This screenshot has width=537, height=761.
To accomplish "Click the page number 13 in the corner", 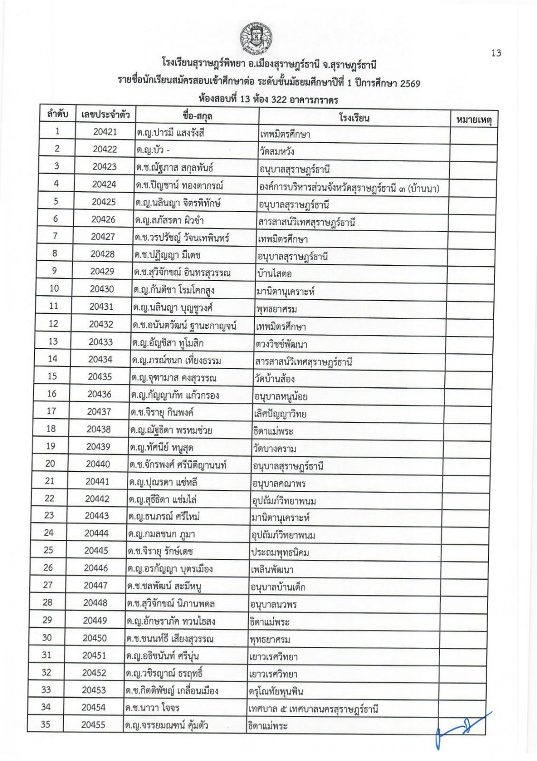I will (496, 53).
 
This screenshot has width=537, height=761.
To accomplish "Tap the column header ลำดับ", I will (58, 114).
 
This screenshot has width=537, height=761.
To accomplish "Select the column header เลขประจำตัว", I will (105, 115).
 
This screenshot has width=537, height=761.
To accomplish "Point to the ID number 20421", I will (105, 132).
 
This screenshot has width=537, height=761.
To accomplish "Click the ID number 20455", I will (93, 725).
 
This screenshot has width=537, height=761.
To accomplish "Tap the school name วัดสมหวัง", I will (277, 152).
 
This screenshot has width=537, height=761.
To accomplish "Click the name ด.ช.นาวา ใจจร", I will (152, 708).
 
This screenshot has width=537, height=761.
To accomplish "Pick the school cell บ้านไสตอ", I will (274, 274).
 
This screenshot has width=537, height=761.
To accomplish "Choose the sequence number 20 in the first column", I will (50, 463).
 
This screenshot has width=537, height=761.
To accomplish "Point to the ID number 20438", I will (98, 429).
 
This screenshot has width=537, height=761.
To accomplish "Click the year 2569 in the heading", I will (410, 84).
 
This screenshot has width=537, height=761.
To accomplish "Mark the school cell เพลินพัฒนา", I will (272, 570).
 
